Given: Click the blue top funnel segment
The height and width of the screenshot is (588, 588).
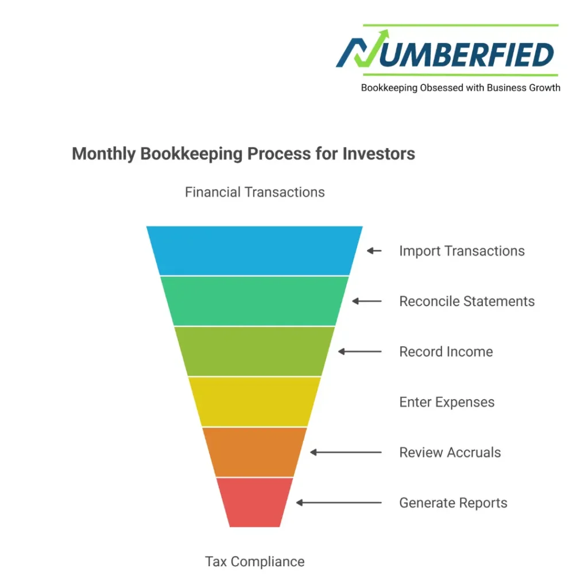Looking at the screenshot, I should point(254,250).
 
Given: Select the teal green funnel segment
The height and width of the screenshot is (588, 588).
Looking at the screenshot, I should point(254,301).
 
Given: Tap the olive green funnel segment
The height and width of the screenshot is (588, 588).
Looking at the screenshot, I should point(254,351).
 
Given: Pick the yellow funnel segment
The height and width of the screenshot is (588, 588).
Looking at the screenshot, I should point(254,401).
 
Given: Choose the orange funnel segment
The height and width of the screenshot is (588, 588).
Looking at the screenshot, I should point(254,452).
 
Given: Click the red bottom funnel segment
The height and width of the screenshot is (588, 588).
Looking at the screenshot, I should point(254,502).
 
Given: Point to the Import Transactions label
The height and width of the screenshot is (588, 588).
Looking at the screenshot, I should point(462,251).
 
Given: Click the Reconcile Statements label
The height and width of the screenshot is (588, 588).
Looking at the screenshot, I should point(467,301).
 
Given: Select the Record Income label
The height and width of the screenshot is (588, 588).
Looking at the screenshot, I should point(446,351).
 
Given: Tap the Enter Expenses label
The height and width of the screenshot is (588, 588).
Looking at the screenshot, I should point(447,402).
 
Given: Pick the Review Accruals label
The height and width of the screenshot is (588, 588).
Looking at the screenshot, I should point(450,452).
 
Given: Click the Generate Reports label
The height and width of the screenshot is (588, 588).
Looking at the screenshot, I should point(453,503).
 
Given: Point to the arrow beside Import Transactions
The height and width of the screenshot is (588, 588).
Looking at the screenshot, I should point(374,251).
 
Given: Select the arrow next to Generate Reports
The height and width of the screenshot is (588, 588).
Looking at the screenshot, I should point(339,503).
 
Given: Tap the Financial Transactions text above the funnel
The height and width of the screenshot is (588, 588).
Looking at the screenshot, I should point(254,192).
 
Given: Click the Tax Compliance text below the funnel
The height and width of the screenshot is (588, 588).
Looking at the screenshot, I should point(254,561).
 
